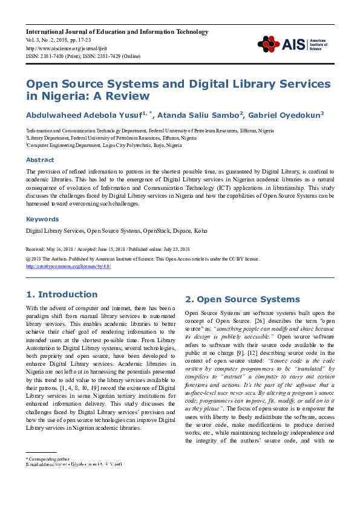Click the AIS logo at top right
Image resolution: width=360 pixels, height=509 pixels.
pyautogui.click(x=287, y=44)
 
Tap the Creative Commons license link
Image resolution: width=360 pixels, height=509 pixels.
pyautogui.click(x=68, y=266)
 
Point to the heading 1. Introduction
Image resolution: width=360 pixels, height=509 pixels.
pyautogui.click(x=62, y=294)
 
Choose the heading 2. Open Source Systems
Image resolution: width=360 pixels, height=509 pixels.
pyautogui.click(x=242, y=299)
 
